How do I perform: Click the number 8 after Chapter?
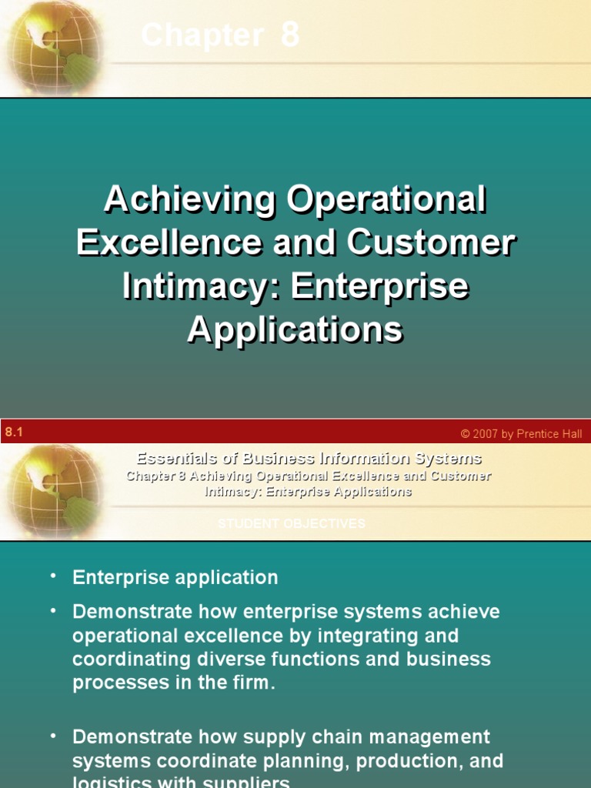pyautogui.click(x=289, y=35)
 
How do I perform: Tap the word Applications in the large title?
pyautogui.click(x=295, y=330)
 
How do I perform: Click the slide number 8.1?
pyautogui.click(x=14, y=432)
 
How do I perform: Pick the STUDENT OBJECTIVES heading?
pyautogui.click(x=291, y=524)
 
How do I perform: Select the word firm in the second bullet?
pyautogui.click(x=251, y=683)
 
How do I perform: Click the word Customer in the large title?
pyautogui.click(x=431, y=244)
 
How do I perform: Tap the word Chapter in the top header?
pyautogui.click(x=202, y=35)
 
